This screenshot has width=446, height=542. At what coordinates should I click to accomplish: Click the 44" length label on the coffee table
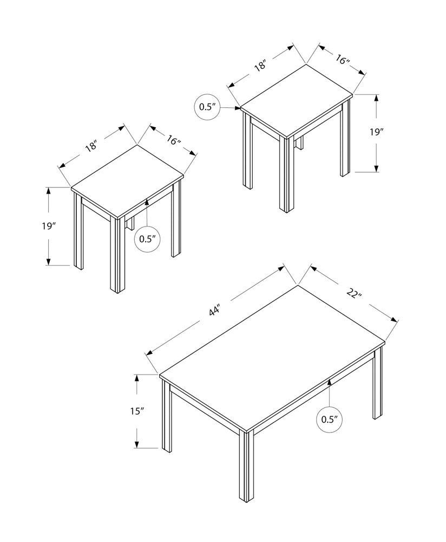pyautogui.click(x=215, y=311)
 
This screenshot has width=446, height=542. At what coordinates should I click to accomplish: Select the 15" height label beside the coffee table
pyautogui.click(x=121, y=411)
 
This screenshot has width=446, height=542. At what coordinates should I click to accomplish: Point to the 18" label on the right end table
pyautogui.click(x=260, y=66)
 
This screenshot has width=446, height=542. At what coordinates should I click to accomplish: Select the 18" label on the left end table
pyautogui.click(x=90, y=146)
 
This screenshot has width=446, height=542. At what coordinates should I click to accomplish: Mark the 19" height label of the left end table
pyautogui.click(x=34, y=226)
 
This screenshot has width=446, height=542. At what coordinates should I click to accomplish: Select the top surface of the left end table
pyautogui.click(x=128, y=181)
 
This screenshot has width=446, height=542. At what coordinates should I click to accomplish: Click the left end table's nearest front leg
pyautogui.click(x=115, y=255)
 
